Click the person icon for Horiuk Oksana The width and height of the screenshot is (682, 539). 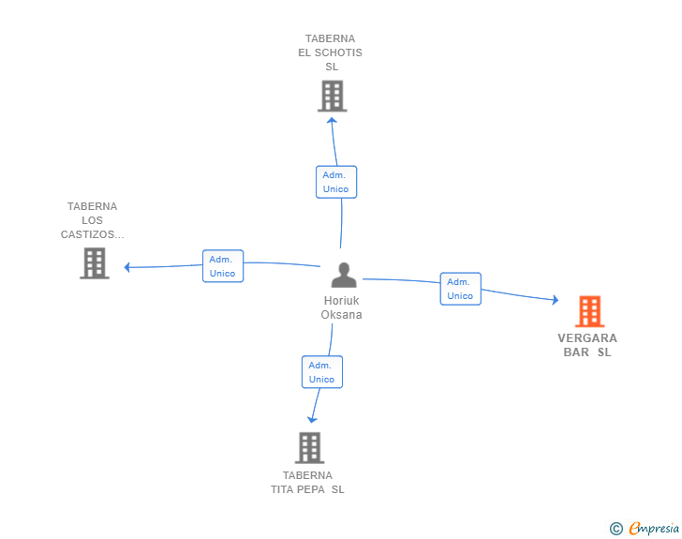point(344,276)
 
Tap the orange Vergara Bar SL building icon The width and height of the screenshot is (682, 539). point(589,311)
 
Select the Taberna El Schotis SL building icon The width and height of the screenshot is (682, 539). point(332,96)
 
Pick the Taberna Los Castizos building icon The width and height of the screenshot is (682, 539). point(94,263)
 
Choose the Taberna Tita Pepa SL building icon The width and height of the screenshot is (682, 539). point(309,447)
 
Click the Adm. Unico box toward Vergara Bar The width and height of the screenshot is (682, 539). point(460,289)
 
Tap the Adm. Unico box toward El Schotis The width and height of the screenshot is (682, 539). point(335,182)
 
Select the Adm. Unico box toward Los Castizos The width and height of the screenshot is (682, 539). point(223,266)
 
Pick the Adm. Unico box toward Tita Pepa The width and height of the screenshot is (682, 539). point(321,372)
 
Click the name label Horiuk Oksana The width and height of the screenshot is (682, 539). point(341,307)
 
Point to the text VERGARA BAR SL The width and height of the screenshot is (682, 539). point(587,345)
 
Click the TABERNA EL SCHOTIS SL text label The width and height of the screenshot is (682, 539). point(331,52)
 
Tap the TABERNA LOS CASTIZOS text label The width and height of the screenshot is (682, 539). point(92,220)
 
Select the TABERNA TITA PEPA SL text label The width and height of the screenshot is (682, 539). point(307,482)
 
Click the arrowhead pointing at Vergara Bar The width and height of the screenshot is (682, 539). point(555,300)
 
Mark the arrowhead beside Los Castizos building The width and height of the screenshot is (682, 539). point(128,267)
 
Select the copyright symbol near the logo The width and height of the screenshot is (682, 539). point(615,529)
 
